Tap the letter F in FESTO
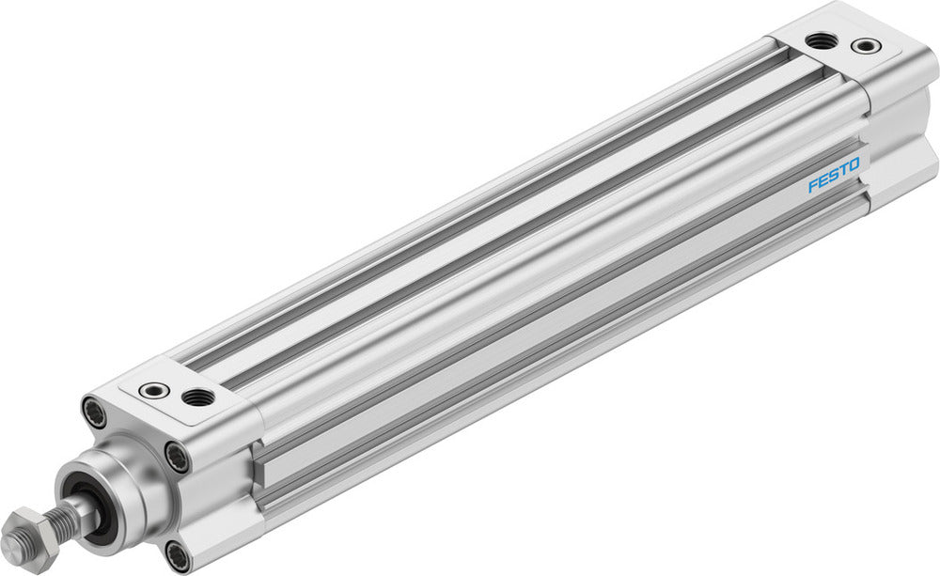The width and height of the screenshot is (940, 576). point(814,185)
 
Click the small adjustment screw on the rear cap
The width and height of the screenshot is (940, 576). point(866,45)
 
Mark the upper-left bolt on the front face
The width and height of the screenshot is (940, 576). point(96,412)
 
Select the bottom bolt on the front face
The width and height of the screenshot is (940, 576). point(175,553)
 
